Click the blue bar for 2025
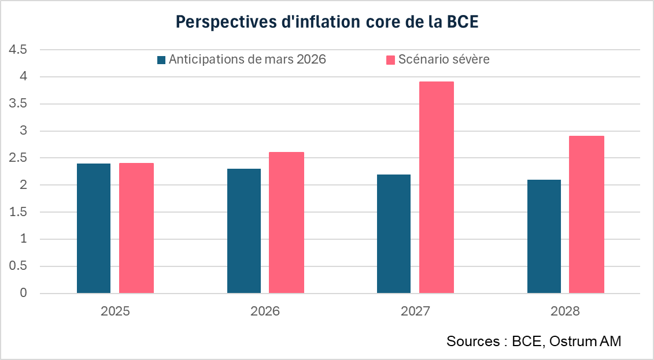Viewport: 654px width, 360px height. (94, 228)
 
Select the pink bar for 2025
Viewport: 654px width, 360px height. (136, 228)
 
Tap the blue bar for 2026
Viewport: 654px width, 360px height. (243, 231)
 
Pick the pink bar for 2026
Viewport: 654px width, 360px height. (286, 222)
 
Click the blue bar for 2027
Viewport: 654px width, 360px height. (394, 234)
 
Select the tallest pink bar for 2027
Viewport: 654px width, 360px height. (437, 188)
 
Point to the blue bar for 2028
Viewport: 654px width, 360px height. (544, 236)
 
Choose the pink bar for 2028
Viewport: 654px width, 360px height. (586, 214)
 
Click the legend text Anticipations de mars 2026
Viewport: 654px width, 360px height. (247, 60)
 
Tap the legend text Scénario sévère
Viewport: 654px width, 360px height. (444, 60)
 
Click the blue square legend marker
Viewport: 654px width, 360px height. (161, 60)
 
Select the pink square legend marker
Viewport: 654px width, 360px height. (390, 60)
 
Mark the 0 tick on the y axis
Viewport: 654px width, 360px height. (24, 294)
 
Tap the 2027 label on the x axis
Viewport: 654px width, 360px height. (415, 311)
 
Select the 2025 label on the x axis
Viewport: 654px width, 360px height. (115, 311)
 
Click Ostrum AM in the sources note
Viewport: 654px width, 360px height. (585, 342)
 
